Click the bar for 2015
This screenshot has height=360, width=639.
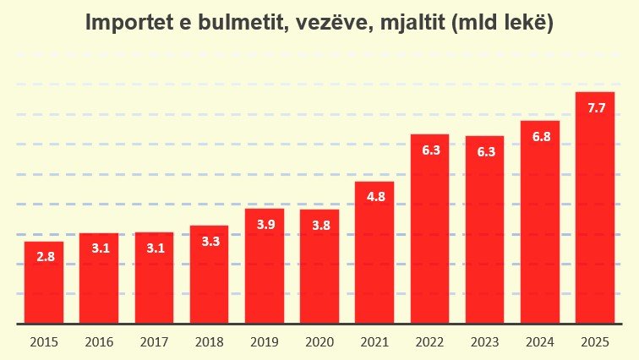(x=44, y=282)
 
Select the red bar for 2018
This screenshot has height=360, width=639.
(x=209, y=275)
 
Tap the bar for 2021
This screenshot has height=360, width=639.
(x=374, y=253)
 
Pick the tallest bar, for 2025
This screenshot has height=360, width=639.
(x=595, y=207)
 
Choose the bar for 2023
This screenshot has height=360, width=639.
(x=484, y=229)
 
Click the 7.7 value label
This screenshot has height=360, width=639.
(x=596, y=107)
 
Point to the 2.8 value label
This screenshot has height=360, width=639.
(x=45, y=256)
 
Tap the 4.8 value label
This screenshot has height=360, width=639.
(x=375, y=196)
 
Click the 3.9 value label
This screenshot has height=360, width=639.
(x=265, y=224)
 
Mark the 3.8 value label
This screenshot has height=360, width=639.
(x=319, y=225)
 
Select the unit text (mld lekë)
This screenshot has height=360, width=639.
(x=503, y=24)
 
